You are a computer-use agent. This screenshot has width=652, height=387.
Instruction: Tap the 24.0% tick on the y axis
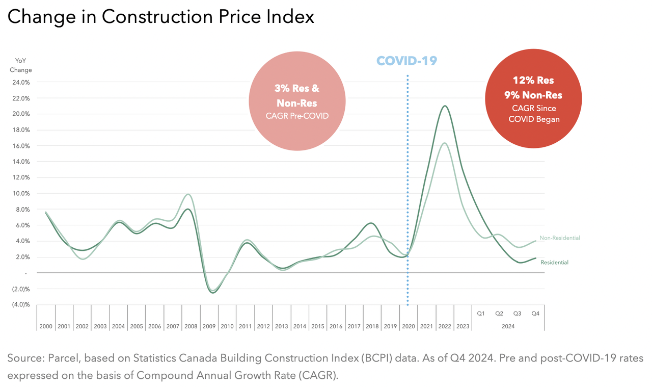click(x=21, y=82)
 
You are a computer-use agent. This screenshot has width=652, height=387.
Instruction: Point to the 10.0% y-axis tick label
click(x=21, y=193)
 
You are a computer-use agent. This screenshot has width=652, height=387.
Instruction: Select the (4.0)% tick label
click(x=20, y=304)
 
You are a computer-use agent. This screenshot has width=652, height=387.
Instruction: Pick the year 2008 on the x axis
click(x=191, y=326)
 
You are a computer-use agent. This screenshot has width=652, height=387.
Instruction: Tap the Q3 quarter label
click(x=517, y=314)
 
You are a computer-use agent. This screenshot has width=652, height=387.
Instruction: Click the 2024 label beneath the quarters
click(x=508, y=326)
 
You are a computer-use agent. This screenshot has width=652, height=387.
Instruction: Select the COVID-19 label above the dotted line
click(x=406, y=61)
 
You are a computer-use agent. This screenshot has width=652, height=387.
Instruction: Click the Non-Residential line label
click(x=560, y=238)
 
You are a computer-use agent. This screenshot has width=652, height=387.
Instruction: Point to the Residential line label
click(x=554, y=262)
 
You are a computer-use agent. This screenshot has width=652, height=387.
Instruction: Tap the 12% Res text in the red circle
click(x=534, y=80)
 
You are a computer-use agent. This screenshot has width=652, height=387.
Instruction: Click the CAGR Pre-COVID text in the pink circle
click(x=297, y=116)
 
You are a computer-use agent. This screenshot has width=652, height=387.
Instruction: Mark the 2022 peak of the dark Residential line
click(x=445, y=106)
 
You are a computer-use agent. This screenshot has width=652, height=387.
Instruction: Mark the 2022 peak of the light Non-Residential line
click(x=444, y=143)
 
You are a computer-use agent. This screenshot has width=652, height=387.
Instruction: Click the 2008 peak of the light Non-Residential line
click(x=188, y=194)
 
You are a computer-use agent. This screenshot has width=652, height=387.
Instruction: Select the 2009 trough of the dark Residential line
click(x=213, y=293)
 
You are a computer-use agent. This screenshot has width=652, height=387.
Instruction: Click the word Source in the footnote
click(x=26, y=358)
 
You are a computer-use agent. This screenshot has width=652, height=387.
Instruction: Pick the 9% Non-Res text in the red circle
click(x=534, y=95)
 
